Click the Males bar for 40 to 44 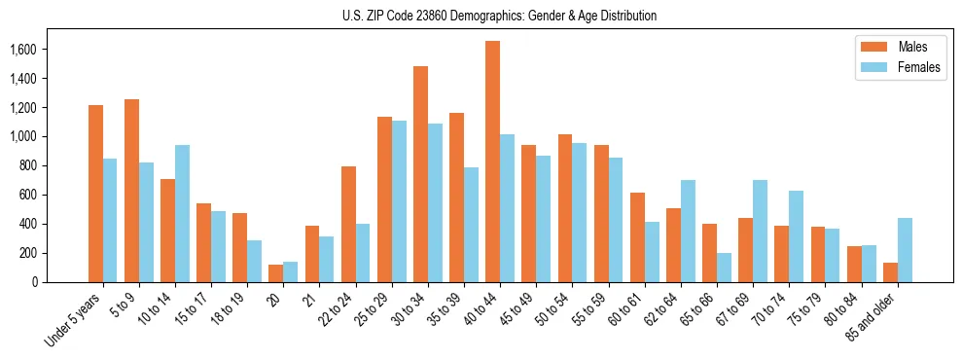pos(493,162)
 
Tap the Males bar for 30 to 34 pos(421,174)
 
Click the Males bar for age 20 pos(276,273)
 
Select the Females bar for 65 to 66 pos(725,268)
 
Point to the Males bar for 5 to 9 pos(132,191)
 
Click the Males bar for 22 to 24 pos(348,224)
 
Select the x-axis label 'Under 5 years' pos(74,320)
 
